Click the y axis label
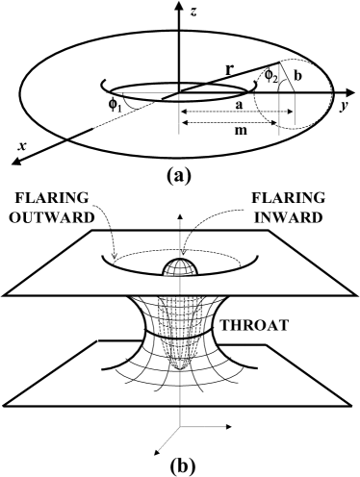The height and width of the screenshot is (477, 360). tap(345, 107)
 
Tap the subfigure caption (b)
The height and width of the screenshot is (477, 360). tap(179, 463)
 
